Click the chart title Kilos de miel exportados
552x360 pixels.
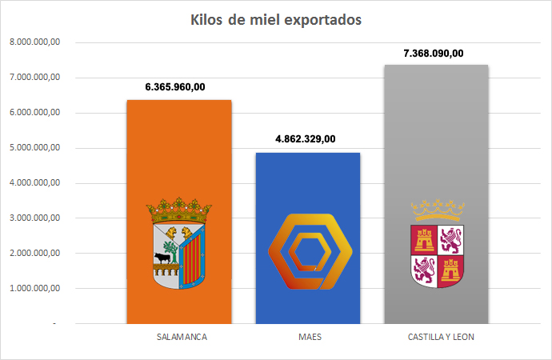coord(276,19)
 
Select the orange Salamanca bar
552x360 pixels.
coord(179,160)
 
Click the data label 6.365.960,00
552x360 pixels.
coord(179,86)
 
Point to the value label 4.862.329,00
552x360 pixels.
coord(306,138)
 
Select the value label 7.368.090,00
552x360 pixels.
coord(434,53)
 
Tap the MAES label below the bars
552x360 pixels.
coord(308,337)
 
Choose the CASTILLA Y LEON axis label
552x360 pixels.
coord(436,337)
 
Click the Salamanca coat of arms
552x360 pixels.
coord(179,244)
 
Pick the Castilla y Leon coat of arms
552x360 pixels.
coord(437,245)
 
